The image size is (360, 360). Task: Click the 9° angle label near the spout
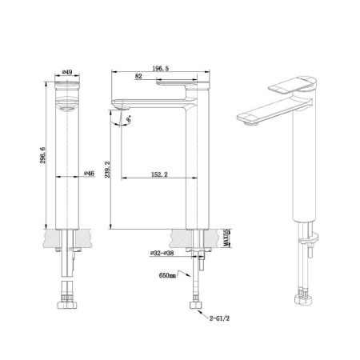coord(126,122)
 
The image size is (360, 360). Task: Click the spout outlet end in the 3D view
coord(247,120)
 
